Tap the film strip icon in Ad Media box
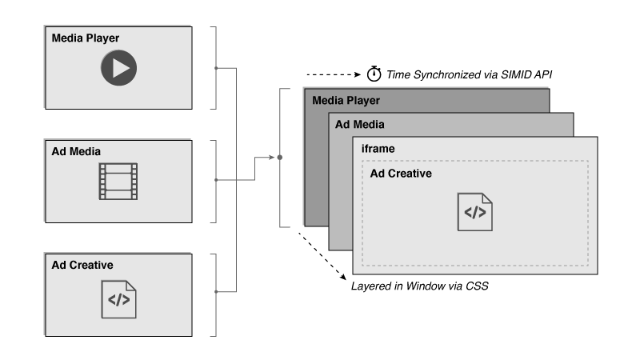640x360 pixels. tap(118, 181)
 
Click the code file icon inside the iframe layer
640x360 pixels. tap(475, 212)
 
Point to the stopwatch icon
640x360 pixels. tap(374, 74)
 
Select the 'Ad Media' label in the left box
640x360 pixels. tap(75, 151)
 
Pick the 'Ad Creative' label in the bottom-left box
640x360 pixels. tap(82, 265)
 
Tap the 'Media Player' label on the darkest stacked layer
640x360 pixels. tap(346, 101)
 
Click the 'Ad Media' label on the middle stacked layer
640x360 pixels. tap(359, 125)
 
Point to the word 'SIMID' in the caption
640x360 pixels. tap(504, 74)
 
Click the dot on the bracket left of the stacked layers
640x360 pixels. tap(278, 158)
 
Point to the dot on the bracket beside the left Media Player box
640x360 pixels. tap(217, 68)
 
